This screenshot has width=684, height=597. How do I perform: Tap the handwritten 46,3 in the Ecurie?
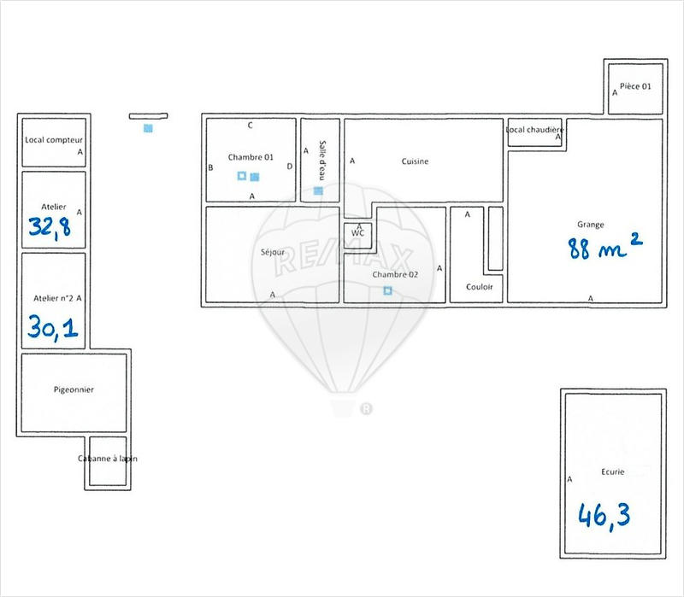click(604, 515)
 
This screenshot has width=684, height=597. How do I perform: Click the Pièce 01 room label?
click(635, 86)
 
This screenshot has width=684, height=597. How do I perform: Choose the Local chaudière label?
click(534, 130)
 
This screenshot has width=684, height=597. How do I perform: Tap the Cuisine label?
click(415, 161)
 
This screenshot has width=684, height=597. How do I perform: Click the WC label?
click(358, 232)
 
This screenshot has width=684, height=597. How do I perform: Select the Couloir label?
click(479, 287)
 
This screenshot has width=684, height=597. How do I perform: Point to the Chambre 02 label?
click(395, 275)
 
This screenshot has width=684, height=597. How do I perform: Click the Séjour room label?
click(273, 252)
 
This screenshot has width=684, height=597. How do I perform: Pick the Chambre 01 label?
click(251, 157)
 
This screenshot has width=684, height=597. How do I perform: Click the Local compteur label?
click(54, 140)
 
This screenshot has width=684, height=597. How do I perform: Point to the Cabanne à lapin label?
click(108, 459)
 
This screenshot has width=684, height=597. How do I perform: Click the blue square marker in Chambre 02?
click(387, 291)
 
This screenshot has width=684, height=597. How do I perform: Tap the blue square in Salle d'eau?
click(318, 190)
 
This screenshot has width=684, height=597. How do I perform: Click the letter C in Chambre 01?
click(251, 126)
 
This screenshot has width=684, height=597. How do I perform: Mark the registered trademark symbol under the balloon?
click(367, 409)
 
